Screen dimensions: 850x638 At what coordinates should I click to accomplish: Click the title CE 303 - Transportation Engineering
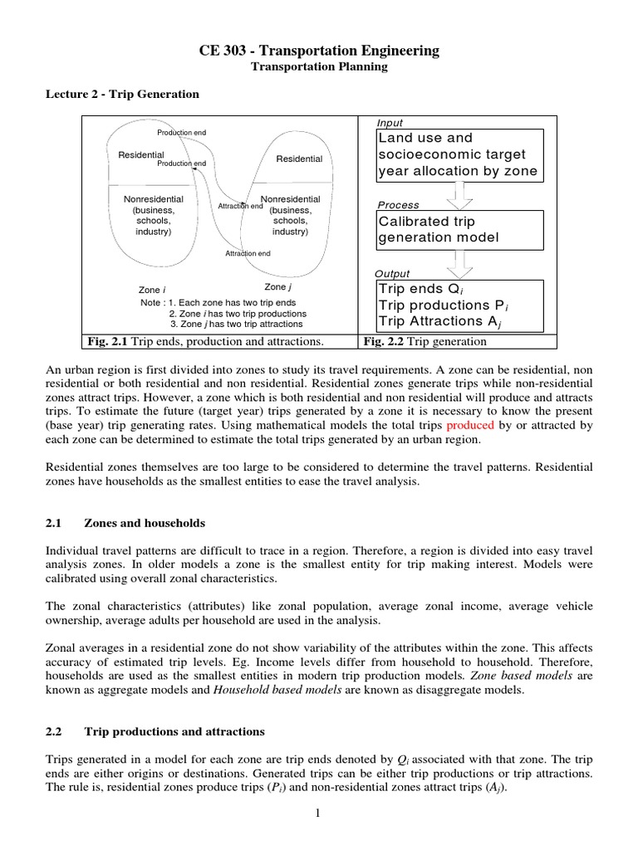click(319, 51)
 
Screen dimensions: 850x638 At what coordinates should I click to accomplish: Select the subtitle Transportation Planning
click(319, 67)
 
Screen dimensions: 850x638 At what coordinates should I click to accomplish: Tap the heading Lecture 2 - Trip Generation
click(122, 94)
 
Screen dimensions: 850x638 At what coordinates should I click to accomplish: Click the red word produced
click(470, 424)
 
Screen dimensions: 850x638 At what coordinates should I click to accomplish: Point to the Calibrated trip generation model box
click(459, 229)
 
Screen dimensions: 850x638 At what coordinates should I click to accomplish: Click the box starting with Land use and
click(459, 154)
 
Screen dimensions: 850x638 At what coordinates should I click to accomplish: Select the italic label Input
click(390, 123)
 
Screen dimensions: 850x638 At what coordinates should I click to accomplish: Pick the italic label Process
click(398, 204)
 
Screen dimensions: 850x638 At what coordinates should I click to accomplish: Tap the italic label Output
click(393, 273)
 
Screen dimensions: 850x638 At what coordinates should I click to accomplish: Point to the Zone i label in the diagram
click(150, 290)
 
